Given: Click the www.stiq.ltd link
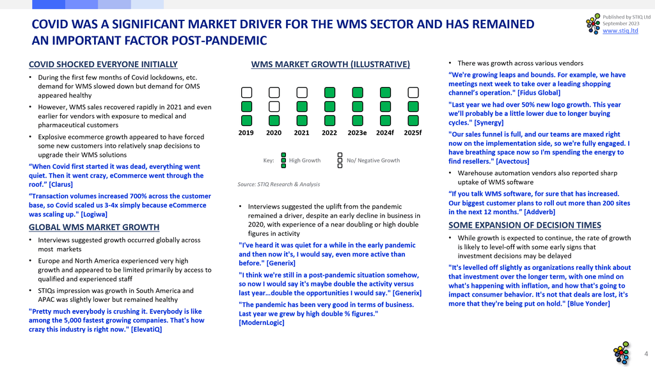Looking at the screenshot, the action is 620,31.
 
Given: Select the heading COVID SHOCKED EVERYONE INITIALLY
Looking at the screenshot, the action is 103,65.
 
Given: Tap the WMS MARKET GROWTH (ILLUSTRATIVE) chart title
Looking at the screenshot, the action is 331,65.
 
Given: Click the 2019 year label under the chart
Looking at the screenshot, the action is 246,133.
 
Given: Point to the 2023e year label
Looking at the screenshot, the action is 357,133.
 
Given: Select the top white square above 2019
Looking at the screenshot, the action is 246,92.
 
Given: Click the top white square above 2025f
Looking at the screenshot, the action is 413,92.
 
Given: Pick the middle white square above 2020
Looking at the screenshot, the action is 274,107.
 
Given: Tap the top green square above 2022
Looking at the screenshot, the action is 329,92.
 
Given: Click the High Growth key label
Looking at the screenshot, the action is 305,160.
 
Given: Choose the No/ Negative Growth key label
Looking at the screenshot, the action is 373,160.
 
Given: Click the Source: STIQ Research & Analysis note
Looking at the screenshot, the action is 279,184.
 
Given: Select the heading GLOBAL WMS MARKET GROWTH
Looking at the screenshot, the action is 94,227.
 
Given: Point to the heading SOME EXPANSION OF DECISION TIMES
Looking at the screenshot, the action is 525,225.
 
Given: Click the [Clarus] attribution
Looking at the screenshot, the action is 61,185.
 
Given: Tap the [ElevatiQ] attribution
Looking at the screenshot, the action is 146,329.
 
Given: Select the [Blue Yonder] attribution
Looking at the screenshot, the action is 588,304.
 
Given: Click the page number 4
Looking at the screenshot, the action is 646,354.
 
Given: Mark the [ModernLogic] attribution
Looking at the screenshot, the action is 262,323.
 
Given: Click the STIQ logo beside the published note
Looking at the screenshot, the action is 593,24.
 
